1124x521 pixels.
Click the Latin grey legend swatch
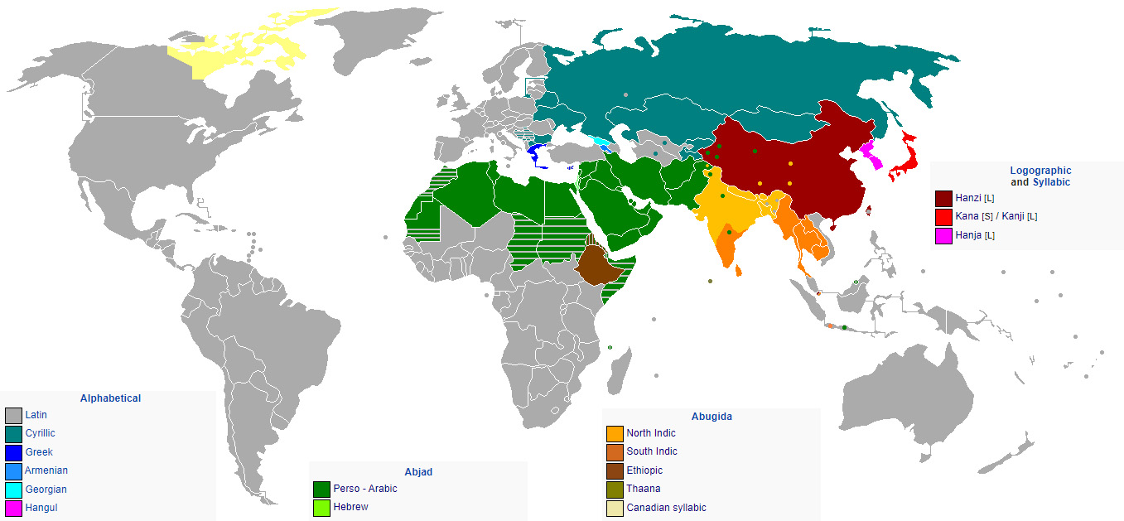(x=13, y=415)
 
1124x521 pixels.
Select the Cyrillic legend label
(x=40, y=433)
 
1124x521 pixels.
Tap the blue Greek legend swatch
(x=13, y=452)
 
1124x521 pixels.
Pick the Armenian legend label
(x=46, y=470)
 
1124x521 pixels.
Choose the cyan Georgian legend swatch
(x=13, y=490)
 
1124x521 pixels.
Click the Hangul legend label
(x=41, y=508)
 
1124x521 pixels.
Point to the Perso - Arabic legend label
(x=365, y=489)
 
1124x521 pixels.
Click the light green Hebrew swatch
(x=321, y=507)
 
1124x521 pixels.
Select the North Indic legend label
(x=650, y=433)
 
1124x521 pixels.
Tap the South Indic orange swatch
(x=615, y=452)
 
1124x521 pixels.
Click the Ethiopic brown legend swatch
(x=615, y=470)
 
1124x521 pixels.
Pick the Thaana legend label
(x=644, y=489)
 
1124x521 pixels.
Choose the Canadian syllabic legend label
(x=666, y=508)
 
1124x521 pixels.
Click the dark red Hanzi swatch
(x=943, y=199)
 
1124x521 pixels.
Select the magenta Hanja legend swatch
(x=943, y=236)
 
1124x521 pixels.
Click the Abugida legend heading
(x=712, y=417)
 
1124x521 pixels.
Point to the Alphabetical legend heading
(x=110, y=398)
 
